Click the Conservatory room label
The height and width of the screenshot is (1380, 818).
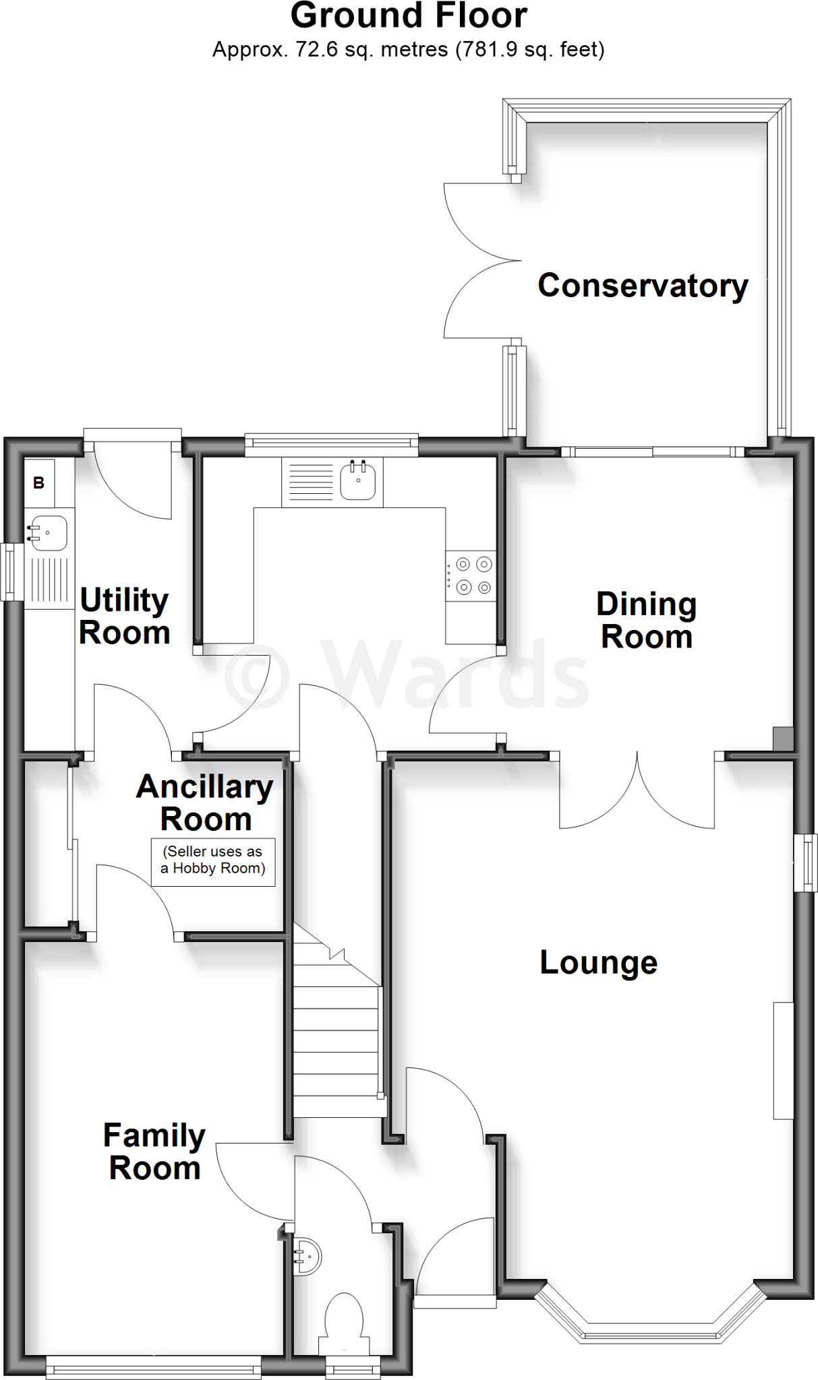click(x=643, y=286)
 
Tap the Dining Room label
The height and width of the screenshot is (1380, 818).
click(x=646, y=621)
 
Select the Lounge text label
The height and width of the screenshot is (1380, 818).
click(x=598, y=962)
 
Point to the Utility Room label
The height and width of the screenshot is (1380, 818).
click(x=124, y=616)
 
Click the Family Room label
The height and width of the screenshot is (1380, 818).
click(x=154, y=1152)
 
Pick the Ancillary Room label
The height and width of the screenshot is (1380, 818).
click(x=205, y=803)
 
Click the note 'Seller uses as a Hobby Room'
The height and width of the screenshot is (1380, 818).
click(x=213, y=860)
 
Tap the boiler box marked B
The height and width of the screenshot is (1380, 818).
click(x=39, y=482)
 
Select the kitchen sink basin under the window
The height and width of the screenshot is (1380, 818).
click(x=358, y=480)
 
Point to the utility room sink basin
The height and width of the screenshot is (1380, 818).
click(x=47, y=534)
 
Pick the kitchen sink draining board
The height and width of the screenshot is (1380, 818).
click(x=310, y=482)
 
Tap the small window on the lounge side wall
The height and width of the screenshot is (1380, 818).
click(x=805, y=863)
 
